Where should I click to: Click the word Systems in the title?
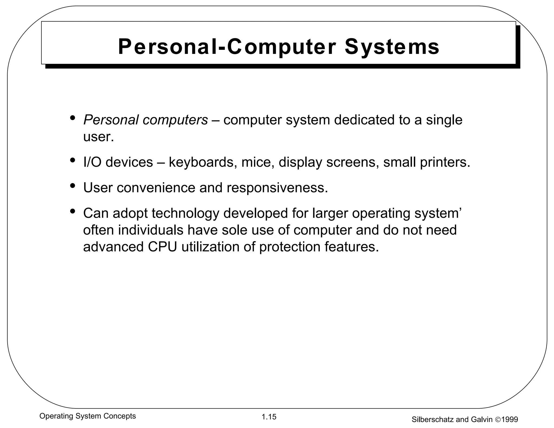coord(392,47)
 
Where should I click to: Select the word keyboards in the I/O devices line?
coord(201,162)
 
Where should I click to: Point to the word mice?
coord(258,162)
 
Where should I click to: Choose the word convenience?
coord(156,188)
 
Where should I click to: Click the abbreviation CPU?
coord(163,247)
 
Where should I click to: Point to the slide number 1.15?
coord(269,417)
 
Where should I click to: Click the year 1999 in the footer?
coord(510,420)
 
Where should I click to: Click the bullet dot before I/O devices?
coord(72,160)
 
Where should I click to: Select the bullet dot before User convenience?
coord(72,186)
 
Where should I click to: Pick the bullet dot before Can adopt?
coord(72,211)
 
